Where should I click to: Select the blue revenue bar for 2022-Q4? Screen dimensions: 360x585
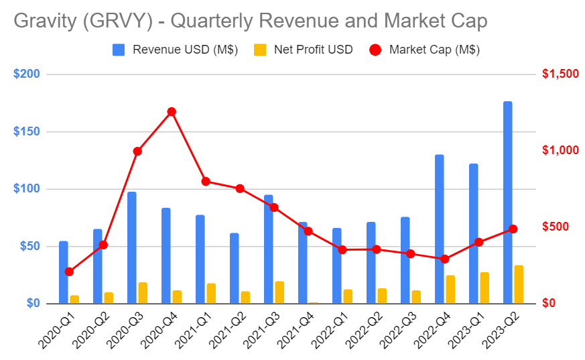pos(439,229)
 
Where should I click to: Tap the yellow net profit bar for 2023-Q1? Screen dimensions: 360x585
pos(484,288)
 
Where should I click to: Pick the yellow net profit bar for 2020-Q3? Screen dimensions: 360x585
pos(143,293)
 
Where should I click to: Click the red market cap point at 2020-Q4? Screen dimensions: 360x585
pos(172,111)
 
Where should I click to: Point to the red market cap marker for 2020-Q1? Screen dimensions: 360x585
pos(69,272)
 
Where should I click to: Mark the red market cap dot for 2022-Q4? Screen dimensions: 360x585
pos(445,259)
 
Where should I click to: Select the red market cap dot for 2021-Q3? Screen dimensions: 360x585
pos(274,207)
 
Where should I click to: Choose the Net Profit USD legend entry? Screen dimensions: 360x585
pos(309,49)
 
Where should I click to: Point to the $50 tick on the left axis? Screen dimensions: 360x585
pos(28,246)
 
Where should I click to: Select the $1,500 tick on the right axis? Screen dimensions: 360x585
pos(560,74)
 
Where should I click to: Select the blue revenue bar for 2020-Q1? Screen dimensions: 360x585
pos(63,272)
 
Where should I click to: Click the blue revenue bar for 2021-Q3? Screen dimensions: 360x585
pos(268,249)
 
